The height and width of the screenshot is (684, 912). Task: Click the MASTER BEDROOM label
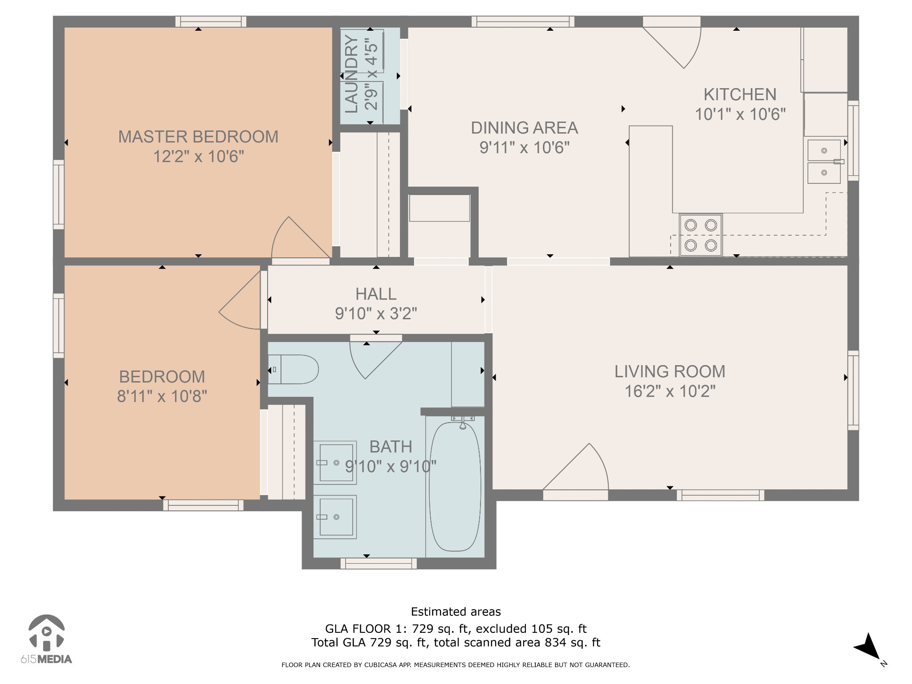198,137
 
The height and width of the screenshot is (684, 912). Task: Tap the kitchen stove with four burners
700,235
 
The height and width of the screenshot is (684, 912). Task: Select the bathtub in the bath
455,487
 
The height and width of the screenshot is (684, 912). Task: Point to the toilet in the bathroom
293,369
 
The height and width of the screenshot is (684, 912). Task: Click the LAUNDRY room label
351,74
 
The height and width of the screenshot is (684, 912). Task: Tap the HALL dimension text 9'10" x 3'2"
376,314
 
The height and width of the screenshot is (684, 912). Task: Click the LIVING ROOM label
670,371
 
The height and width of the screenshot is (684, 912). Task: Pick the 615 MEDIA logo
46,639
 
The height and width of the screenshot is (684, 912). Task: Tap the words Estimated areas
456,612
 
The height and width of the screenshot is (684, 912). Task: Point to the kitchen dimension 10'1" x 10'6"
740,114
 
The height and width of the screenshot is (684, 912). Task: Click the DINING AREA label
525,128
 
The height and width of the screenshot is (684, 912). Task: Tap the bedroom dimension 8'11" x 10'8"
162,396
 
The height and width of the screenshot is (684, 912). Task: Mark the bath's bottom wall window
379,563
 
